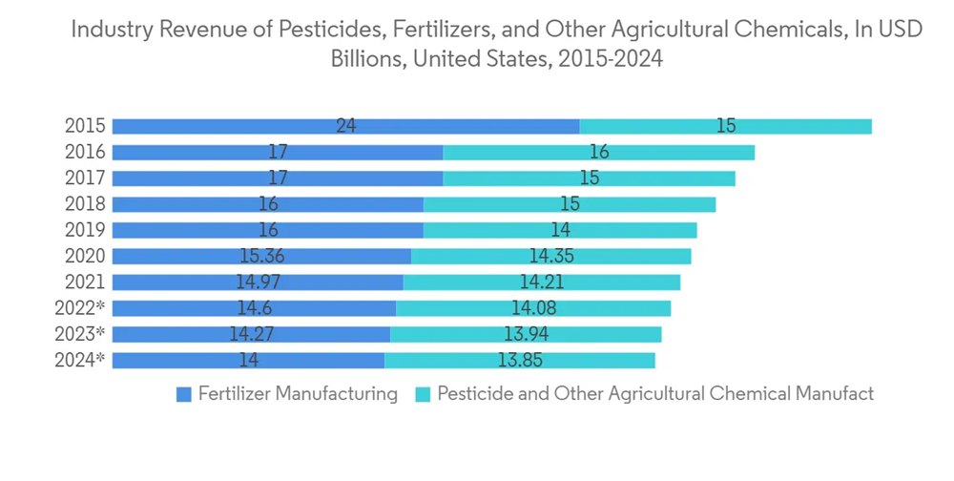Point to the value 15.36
point(260,256)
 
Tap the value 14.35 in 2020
point(551,256)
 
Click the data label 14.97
point(258,282)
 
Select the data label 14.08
point(533,307)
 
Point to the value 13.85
point(520,360)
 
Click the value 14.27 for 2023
point(251,334)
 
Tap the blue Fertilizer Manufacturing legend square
point(184,394)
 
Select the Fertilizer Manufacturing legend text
point(298,394)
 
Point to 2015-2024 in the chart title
point(611,58)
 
